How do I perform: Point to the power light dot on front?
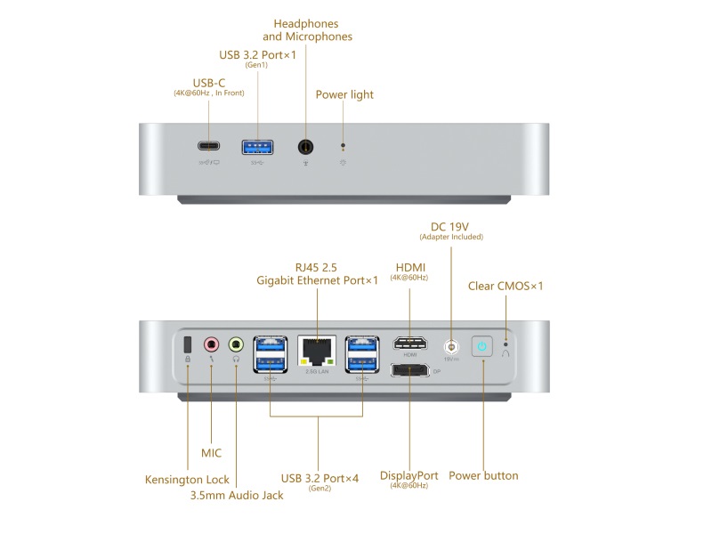tap(344, 146)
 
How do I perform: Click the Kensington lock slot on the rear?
tap(188, 344)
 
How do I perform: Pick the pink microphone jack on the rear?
tap(211, 344)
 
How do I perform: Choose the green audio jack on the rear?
tap(236, 344)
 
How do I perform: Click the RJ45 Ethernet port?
tap(318, 349)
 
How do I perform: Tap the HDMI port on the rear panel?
tap(409, 344)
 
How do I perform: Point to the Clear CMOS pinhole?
tap(506, 343)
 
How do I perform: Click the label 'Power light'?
tap(344, 94)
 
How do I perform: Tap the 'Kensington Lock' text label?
tap(187, 480)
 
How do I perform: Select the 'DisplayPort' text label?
tap(409, 475)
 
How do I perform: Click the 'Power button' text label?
tap(483, 475)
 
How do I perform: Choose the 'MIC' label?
tap(211, 453)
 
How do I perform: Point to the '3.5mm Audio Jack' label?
tap(237, 495)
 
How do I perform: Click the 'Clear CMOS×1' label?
tap(506, 286)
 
